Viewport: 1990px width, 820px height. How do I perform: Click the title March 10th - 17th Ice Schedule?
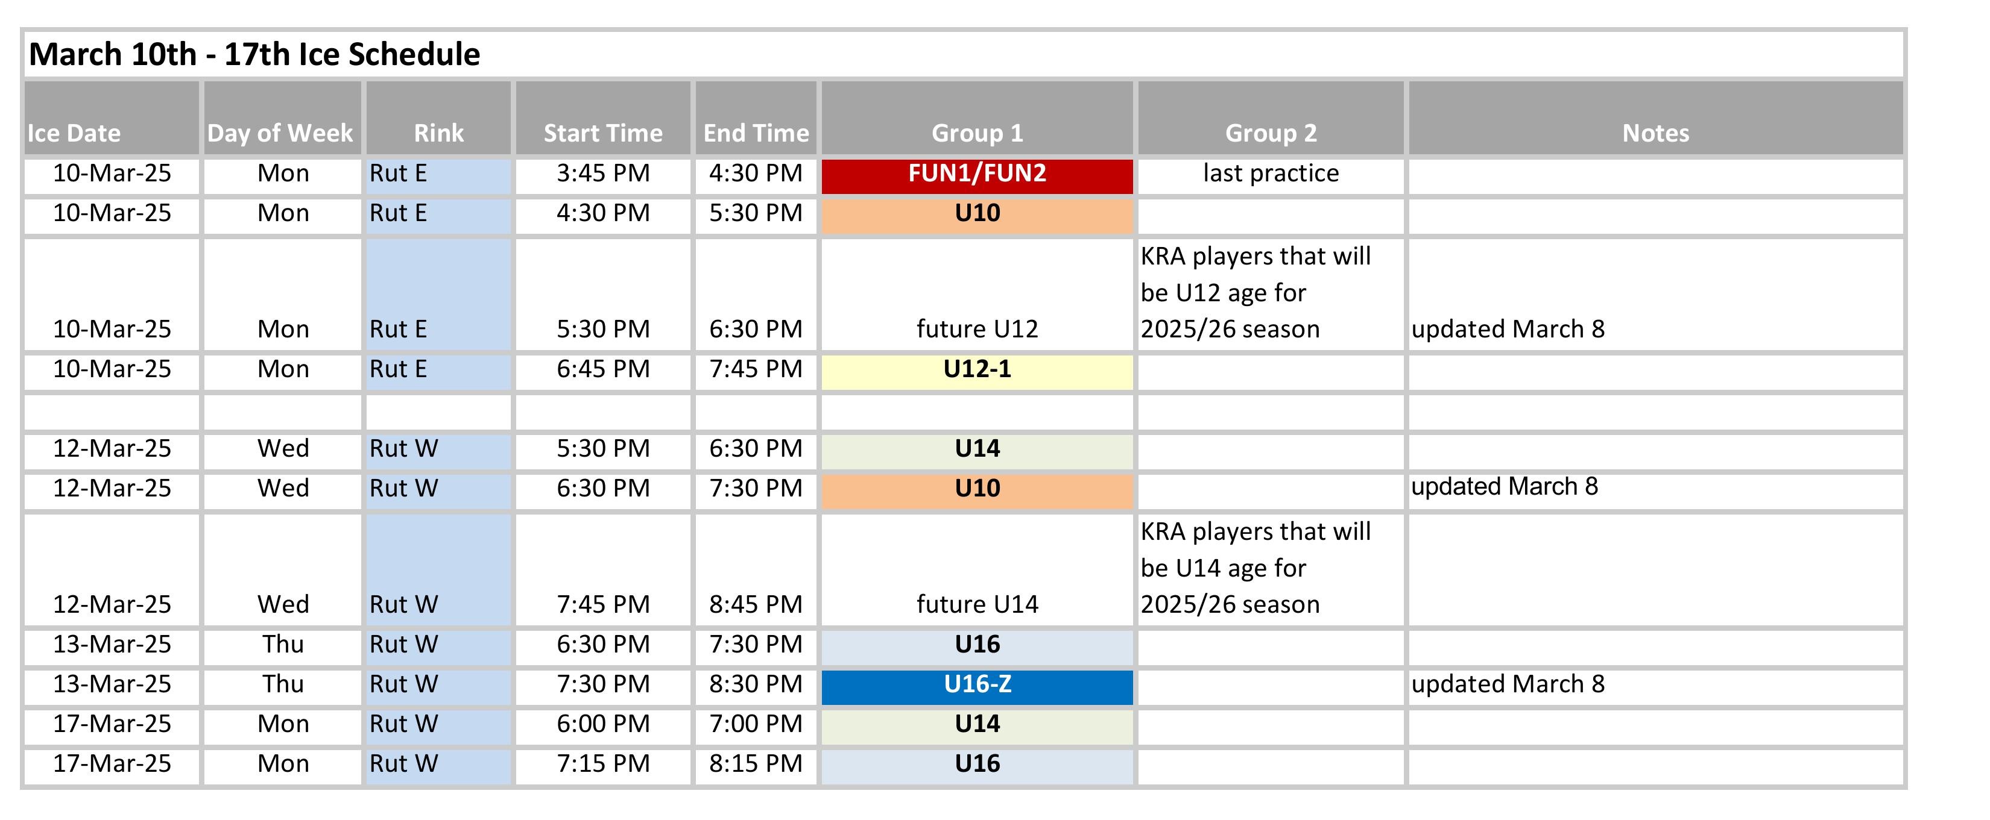click(254, 54)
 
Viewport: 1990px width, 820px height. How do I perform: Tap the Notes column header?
click(1655, 133)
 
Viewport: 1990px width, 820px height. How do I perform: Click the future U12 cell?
click(978, 329)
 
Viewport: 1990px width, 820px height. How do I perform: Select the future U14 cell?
click(978, 604)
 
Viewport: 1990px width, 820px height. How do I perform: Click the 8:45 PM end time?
click(756, 604)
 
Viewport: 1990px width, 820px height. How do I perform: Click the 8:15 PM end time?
click(756, 763)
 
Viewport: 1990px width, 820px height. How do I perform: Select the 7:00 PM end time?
click(756, 724)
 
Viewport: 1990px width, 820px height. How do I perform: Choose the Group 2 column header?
click(1271, 133)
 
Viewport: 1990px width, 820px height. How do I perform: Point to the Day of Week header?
click(280, 133)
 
